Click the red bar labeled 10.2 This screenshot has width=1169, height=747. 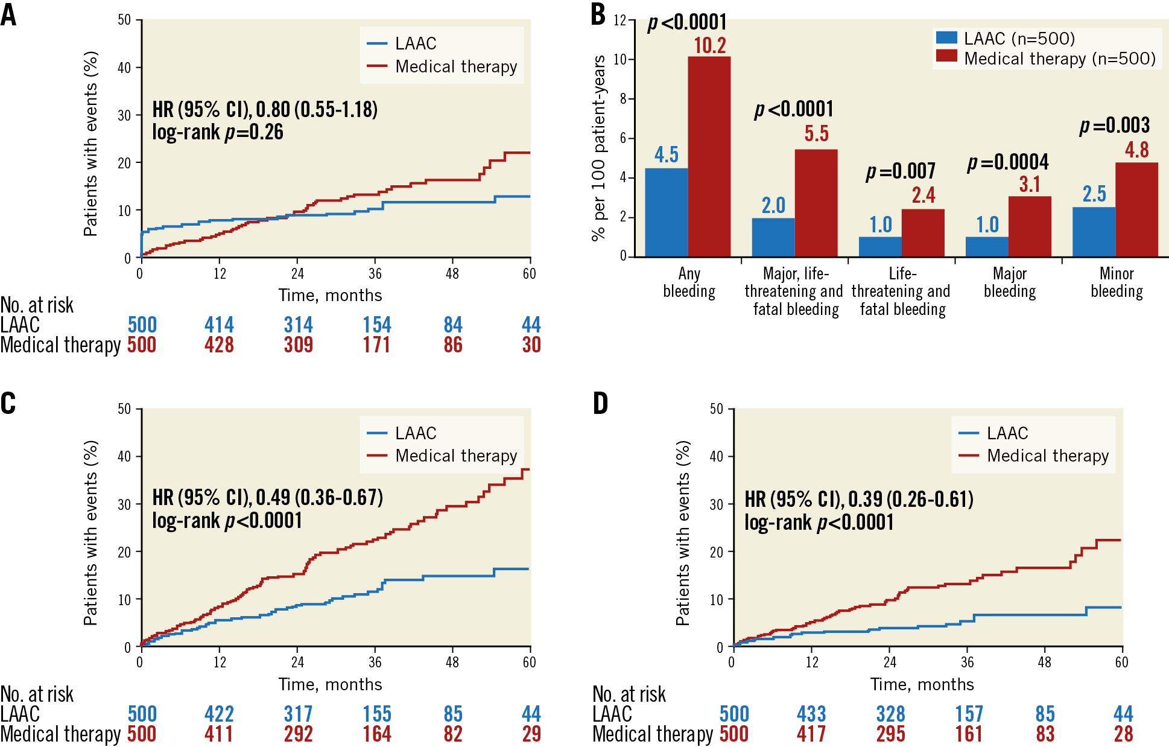point(709,156)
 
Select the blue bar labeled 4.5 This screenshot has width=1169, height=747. point(666,212)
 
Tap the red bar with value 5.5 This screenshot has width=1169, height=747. point(816,203)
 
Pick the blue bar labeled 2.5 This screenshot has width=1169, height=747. point(1094,232)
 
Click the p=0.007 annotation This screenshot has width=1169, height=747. point(901,171)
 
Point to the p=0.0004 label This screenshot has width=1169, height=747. point(1008,162)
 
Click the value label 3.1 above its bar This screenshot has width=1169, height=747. point(1030,185)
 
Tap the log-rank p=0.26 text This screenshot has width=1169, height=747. point(218,132)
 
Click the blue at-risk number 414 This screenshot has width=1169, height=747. point(219,325)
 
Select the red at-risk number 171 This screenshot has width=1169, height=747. point(376,345)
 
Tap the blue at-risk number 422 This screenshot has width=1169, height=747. point(219,714)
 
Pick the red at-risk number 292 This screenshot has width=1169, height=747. point(298,734)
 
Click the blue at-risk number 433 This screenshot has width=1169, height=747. point(811,714)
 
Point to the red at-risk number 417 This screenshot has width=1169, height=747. point(811,734)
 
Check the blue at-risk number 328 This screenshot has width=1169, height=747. point(890,714)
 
